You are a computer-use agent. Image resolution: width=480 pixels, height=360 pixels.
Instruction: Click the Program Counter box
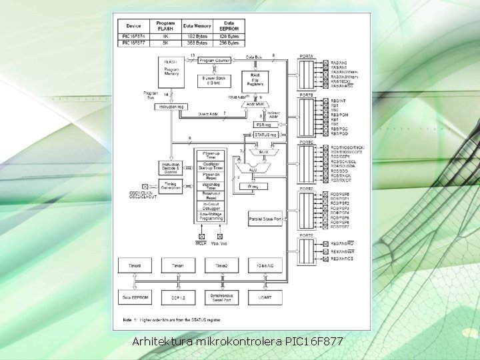(x=213, y=60)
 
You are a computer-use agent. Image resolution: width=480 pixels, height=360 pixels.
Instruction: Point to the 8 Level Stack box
(x=213, y=81)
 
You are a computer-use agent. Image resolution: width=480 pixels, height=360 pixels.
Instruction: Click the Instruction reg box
(x=171, y=107)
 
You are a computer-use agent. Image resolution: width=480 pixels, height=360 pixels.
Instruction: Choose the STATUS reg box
(x=265, y=135)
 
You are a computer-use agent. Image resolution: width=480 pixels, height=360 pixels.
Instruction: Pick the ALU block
(x=253, y=169)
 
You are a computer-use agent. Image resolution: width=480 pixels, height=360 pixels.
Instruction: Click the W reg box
(x=253, y=187)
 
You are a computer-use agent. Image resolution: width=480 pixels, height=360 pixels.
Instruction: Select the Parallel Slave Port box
(x=264, y=219)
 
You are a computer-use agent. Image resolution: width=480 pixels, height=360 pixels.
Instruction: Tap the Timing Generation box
(x=171, y=187)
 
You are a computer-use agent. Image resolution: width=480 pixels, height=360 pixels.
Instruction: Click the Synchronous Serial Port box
(x=221, y=297)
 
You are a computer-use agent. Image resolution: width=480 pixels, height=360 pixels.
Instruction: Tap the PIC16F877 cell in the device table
(x=134, y=43)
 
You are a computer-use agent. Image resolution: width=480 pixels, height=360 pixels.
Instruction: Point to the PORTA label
(x=307, y=57)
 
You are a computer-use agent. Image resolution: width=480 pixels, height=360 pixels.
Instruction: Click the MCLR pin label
(x=201, y=244)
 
